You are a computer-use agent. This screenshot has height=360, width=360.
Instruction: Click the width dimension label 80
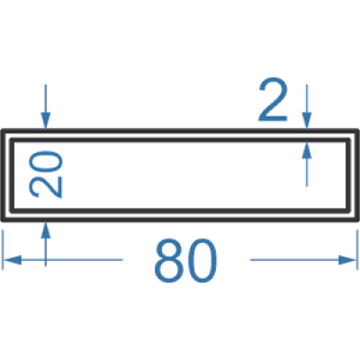(x=185, y=260)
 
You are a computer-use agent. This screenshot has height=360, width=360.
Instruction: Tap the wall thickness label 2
(x=273, y=100)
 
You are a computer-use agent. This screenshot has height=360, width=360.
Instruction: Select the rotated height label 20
(x=45, y=175)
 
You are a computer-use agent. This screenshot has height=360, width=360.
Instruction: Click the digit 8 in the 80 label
(x=168, y=260)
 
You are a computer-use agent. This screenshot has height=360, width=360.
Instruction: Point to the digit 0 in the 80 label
(x=202, y=260)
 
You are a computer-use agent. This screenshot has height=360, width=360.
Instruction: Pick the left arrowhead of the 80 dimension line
(x=12, y=260)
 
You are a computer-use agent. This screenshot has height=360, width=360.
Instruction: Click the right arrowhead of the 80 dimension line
(x=347, y=260)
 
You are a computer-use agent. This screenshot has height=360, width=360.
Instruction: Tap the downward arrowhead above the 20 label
(x=46, y=121)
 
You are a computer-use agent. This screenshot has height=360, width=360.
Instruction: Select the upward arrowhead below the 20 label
(x=46, y=229)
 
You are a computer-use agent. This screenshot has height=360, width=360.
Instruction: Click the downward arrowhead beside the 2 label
(x=307, y=121)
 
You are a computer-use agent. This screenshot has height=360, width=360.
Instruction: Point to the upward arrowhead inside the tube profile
(x=307, y=149)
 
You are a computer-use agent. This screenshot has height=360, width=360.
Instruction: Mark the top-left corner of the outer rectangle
(x=3, y=130)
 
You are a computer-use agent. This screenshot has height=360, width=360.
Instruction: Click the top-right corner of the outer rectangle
(x=357, y=130)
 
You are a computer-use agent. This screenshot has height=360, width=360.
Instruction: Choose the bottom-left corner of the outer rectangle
(x=3, y=220)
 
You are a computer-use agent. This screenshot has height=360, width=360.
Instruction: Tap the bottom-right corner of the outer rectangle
(x=357, y=220)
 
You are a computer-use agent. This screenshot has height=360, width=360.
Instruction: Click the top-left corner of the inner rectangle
(x=12, y=139)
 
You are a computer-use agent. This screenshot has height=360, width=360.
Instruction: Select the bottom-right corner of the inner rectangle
(x=348, y=211)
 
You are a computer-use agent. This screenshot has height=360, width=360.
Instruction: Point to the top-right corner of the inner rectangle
(x=348, y=139)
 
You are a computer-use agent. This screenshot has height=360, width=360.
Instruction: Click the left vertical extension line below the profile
(x=3, y=249)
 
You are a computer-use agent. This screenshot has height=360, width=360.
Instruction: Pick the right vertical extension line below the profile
(x=357, y=249)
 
